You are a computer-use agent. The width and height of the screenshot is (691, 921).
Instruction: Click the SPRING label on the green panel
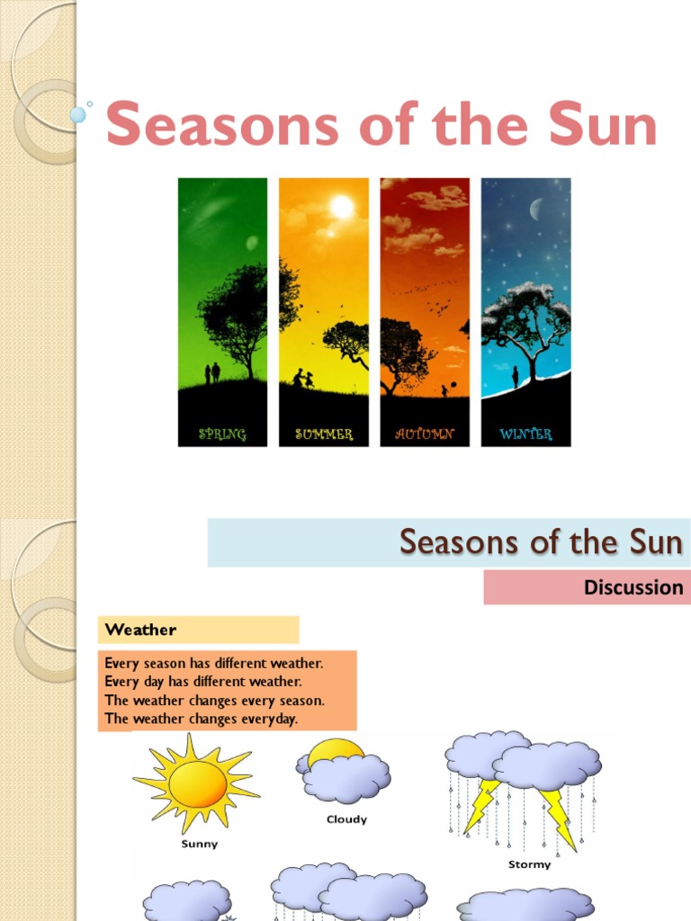[222, 434]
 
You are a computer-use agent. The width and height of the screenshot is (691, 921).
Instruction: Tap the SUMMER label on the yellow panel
[324, 434]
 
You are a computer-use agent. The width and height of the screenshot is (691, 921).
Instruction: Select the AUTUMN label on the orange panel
[425, 434]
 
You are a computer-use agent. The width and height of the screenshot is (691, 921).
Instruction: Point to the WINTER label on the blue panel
[525, 434]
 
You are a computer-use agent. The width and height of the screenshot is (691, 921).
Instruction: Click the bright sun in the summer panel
[342, 207]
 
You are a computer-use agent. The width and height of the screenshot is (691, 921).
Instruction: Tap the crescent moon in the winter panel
[537, 210]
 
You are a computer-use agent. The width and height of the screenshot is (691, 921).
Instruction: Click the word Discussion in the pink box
[633, 588]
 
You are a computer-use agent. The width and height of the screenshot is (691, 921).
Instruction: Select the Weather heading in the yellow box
[141, 629]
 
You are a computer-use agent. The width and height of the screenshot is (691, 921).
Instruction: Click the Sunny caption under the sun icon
[200, 845]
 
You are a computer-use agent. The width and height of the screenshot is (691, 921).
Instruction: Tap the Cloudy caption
[346, 819]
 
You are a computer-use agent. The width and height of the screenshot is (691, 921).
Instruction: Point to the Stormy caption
[529, 864]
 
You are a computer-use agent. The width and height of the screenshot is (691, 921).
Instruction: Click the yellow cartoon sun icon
[197, 782]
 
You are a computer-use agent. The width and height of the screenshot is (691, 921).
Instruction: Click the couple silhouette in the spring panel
[212, 372]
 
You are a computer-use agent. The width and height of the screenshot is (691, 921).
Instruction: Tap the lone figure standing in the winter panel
[516, 376]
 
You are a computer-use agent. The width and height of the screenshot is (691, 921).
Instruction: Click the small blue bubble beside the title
[78, 114]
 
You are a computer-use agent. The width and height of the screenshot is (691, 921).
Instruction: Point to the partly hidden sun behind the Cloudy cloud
[335, 750]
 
